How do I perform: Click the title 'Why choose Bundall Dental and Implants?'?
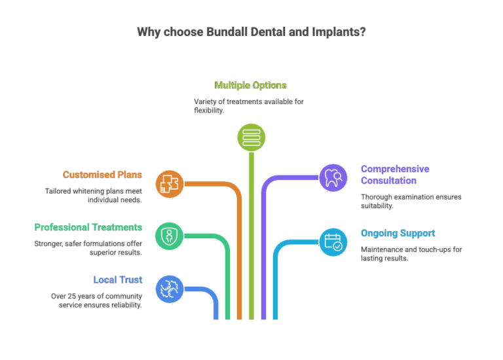(x=251, y=32)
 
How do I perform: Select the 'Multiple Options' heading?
(x=251, y=85)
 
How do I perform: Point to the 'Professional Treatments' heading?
(x=88, y=227)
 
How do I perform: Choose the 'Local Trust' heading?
(x=117, y=279)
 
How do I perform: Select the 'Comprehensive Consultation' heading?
(x=395, y=175)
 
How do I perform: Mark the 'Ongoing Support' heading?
(x=398, y=233)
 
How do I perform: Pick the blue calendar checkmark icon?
(x=333, y=241)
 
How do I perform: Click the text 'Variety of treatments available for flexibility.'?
(x=248, y=106)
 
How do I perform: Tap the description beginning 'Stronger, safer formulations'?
(x=88, y=247)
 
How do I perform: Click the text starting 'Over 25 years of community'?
(x=96, y=300)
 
